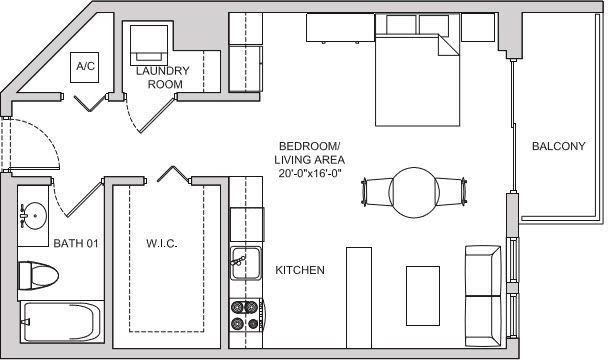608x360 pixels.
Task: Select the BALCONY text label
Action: (558, 147)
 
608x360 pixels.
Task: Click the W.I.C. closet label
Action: (161, 242)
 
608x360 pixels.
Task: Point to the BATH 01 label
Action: (75, 242)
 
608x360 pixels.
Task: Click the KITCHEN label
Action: (300, 270)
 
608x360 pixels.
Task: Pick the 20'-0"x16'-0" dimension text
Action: (310, 173)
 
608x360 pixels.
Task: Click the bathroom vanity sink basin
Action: (35, 213)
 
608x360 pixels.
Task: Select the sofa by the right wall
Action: (484, 295)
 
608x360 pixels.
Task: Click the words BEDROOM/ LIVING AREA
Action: (310, 150)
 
